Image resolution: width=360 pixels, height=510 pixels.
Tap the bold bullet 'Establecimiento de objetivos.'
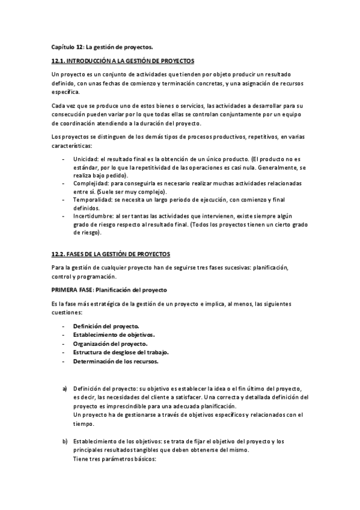point(114,334)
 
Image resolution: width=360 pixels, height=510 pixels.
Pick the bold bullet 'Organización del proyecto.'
point(109,343)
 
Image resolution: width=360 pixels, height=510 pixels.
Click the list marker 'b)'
point(65,441)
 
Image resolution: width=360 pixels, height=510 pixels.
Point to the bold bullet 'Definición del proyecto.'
point(106,325)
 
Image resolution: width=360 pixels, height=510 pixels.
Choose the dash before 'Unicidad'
point(65,158)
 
